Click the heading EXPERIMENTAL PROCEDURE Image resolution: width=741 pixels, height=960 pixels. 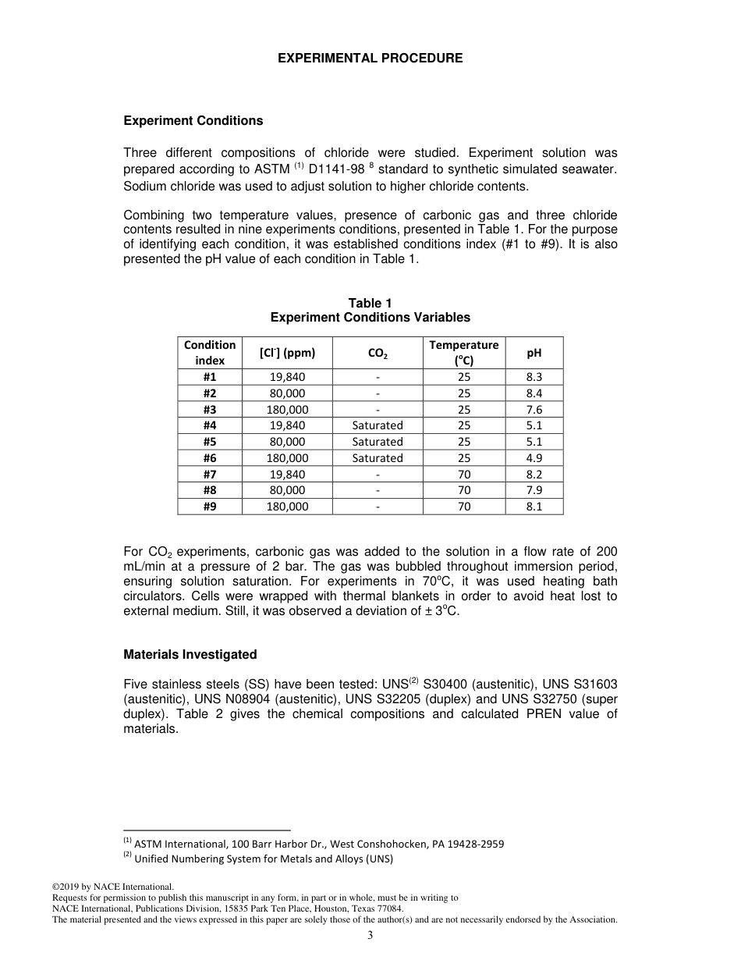point(370,59)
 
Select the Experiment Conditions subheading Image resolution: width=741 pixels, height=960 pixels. point(193,121)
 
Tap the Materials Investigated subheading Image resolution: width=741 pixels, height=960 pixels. point(190,654)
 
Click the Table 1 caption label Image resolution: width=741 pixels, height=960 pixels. point(370,303)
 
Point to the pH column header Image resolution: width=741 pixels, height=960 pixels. point(534,353)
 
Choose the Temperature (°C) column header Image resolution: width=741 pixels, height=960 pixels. point(463,353)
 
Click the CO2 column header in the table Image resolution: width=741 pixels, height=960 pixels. point(378,353)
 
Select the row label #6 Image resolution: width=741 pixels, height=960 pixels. point(209,458)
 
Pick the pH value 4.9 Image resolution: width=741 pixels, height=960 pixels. point(534,458)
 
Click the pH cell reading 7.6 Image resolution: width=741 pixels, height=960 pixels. point(534,410)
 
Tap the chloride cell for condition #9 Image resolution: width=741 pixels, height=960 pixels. point(287,507)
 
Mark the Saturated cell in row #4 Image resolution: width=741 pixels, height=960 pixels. point(378,425)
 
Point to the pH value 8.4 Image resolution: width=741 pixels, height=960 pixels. point(534,393)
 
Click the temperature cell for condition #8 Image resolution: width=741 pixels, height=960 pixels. point(463,490)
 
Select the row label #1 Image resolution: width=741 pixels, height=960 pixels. point(209,377)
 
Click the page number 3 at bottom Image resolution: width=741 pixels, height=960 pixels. point(370,936)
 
